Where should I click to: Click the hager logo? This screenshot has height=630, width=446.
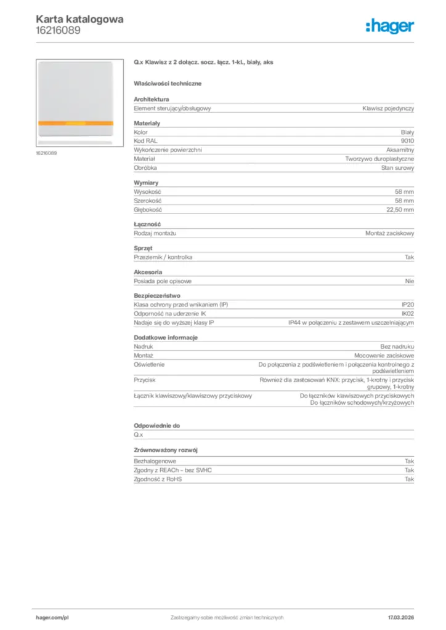click(x=389, y=26)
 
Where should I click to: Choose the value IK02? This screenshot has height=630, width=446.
click(x=408, y=314)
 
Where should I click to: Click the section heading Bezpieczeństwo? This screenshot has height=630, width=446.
click(x=157, y=295)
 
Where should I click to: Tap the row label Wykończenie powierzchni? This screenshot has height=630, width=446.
click(x=168, y=150)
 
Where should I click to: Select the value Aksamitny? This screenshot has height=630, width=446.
click(x=400, y=150)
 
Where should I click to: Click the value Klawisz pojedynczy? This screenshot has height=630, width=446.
click(x=388, y=108)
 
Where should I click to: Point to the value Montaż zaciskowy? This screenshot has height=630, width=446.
click(x=389, y=234)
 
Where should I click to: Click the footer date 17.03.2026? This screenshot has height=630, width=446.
click(x=401, y=617)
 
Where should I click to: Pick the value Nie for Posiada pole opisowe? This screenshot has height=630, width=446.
click(x=410, y=281)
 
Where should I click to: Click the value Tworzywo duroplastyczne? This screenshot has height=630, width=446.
click(x=379, y=158)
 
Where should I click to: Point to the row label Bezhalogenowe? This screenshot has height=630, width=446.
click(x=155, y=461)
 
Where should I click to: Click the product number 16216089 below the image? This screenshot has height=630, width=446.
click(x=46, y=153)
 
